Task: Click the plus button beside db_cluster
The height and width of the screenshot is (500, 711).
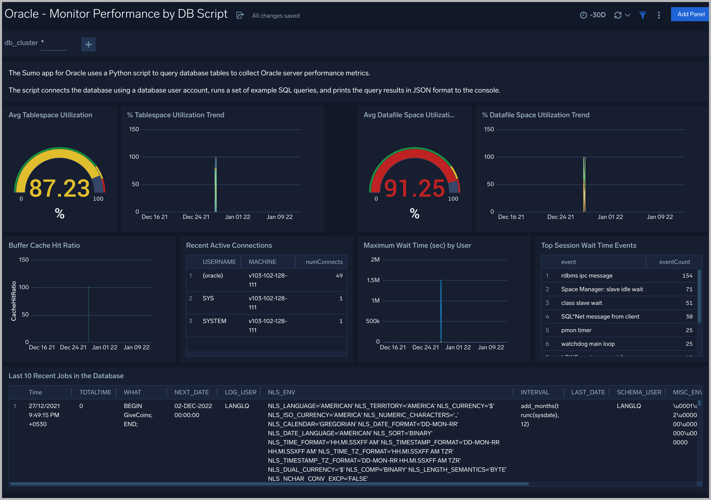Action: point(88,44)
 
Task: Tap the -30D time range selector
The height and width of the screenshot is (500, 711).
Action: point(593,15)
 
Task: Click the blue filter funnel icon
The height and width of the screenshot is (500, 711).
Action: point(642,15)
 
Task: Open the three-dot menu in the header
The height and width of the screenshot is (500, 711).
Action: point(659,15)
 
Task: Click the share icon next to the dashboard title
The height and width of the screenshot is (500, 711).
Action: point(240,15)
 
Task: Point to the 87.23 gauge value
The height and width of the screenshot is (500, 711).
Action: point(59,188)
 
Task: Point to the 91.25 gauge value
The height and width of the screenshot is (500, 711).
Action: point(414,188)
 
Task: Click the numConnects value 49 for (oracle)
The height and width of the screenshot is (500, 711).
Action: point(339,276)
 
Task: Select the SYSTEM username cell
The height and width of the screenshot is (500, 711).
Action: point(214,321)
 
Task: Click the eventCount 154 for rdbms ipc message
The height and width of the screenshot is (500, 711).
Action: point(687,276)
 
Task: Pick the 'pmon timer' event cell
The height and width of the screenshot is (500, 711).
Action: point(576,330)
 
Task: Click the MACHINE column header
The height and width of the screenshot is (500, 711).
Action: point(262,262)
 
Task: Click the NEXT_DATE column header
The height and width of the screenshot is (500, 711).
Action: point(191,392)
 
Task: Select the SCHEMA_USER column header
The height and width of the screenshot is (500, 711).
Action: point(639,392)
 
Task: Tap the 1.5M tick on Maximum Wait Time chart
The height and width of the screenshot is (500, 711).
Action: point(373,280)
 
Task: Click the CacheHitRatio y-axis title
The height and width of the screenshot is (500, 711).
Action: point(14,301)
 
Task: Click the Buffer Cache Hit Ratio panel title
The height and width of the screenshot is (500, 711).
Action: point(44,245)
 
